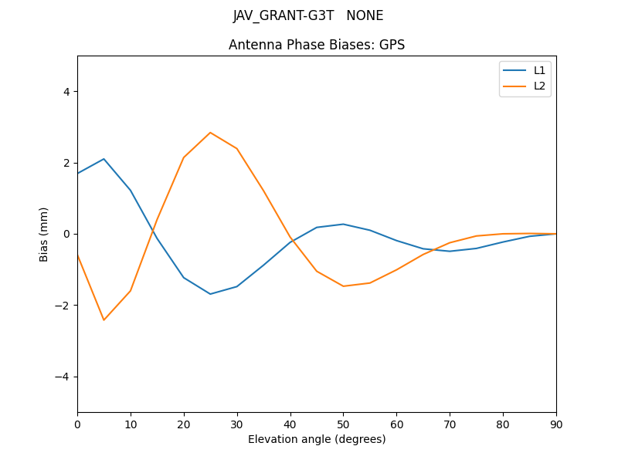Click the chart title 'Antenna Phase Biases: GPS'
(317, 45)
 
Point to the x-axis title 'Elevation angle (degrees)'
(317, 439)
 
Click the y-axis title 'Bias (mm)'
(44, 234)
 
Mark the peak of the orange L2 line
(210, 133)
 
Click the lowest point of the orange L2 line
(104, 320)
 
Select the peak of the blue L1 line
(104, 159)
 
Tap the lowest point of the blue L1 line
(210, 294)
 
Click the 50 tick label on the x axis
(343, 423)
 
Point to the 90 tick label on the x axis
(556, 423)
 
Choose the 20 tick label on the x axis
(184, 423)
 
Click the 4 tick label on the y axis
(66, 91)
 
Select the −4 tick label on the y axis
(63, 377)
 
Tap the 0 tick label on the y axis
(66, 234)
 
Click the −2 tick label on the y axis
(63, 306)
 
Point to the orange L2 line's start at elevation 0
(77, 255)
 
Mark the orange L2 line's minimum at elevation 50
(343, 286)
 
